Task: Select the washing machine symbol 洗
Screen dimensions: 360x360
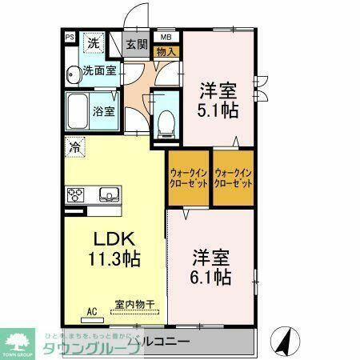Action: (94, 43)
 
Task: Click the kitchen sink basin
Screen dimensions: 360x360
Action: (108, 194)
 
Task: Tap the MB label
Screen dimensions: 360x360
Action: (166, 37)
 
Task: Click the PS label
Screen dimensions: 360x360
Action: (70, 37)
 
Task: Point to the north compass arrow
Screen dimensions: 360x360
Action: (284, 339)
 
